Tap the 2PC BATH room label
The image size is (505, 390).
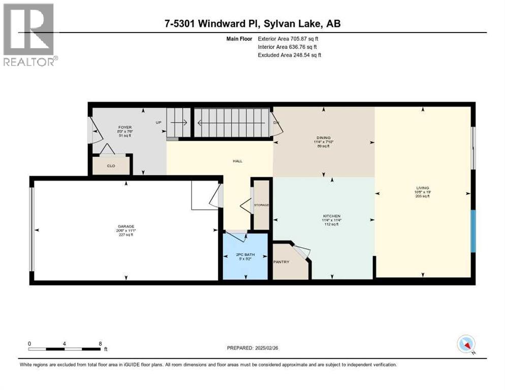pyautogui.click(x=245, y=255)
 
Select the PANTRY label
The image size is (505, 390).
pyautogui.click(x=281, y=262)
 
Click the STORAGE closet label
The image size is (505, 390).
pyautogui.click(x=261, y=205)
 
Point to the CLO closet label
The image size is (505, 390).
pyautogui.click(x=111, y=165)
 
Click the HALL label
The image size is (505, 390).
pyautogui.click(x=237, y=161)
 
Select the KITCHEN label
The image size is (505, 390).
pyautogui.click(x=331, y=216)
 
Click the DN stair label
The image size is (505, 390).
pyautogui.click(x=276, y=123)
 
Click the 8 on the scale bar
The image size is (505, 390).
pyautogui.click(x=100, y=343)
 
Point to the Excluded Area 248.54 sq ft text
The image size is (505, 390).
pyautogui.click(x=290, y=55)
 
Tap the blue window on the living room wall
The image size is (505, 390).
pyautogui.click(x=473, y=232)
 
